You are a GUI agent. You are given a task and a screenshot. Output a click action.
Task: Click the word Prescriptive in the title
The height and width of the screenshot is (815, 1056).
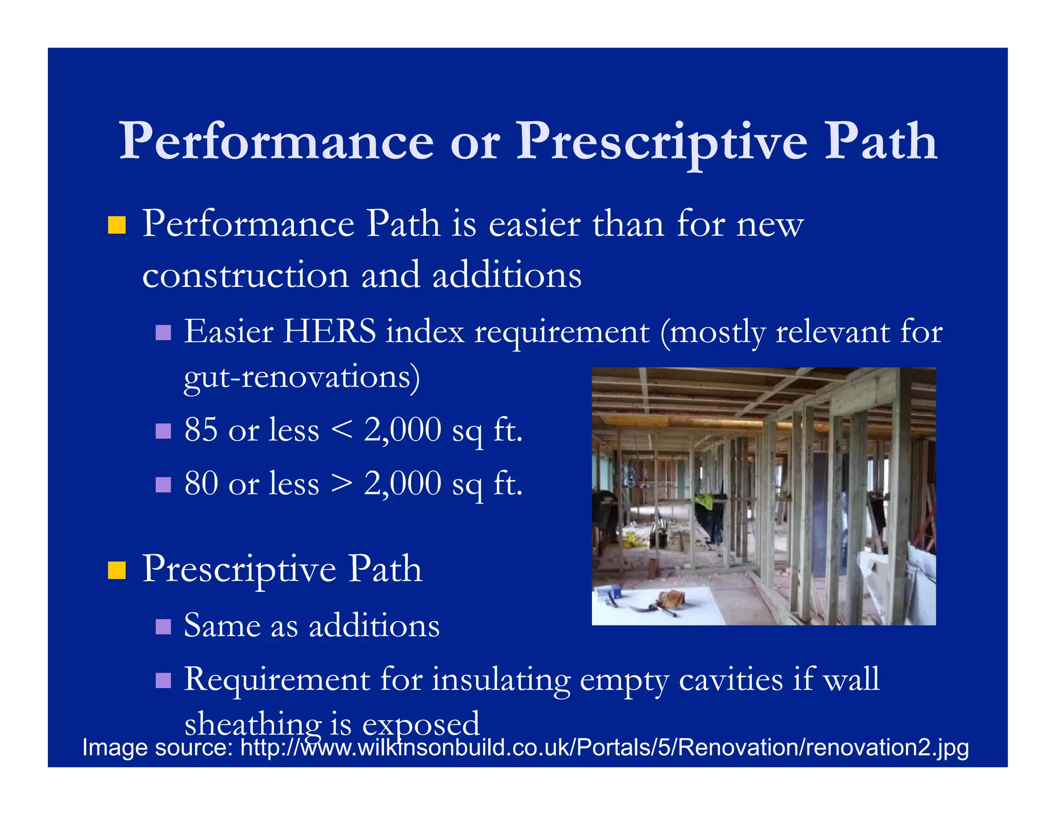tap(662, 142)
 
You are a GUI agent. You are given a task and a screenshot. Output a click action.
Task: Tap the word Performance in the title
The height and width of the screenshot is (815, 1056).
tap(276, 142)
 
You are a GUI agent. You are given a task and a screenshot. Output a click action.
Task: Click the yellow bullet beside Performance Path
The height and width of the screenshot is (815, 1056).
tap(117, 226)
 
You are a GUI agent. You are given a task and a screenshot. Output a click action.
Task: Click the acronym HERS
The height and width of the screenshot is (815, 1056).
tap(330, 331)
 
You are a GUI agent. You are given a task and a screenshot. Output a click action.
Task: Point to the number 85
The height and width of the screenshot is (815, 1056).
tap(201, 429)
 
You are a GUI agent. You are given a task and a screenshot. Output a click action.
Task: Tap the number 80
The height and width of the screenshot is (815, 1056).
tap(201, 483)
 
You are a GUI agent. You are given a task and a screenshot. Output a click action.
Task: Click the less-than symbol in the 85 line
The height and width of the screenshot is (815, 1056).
tap(342, 430)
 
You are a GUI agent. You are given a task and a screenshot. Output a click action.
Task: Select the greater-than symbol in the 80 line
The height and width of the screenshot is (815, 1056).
tap(342, 484)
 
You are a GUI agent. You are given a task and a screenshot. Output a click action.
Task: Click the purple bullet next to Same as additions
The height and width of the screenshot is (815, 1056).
tap(163, 627)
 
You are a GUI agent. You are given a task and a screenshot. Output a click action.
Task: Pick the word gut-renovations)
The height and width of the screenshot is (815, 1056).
tap(302, 377)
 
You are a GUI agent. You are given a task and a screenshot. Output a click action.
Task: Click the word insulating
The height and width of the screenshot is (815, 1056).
tap(501, 680)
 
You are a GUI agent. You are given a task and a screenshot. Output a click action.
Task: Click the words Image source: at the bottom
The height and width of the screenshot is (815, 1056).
tap(158, 748)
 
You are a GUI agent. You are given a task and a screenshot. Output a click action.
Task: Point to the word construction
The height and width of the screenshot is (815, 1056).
tap(245, 276)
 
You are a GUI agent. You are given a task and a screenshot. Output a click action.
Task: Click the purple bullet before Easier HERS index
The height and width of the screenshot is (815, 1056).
tap(163, 332)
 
